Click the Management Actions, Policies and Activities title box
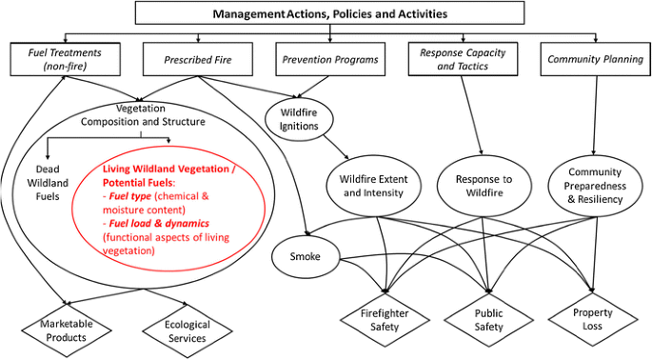pos(330,14)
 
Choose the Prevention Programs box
pos(330,60)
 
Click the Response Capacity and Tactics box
pos(463,59)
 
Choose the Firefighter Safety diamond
pos(385,320)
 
